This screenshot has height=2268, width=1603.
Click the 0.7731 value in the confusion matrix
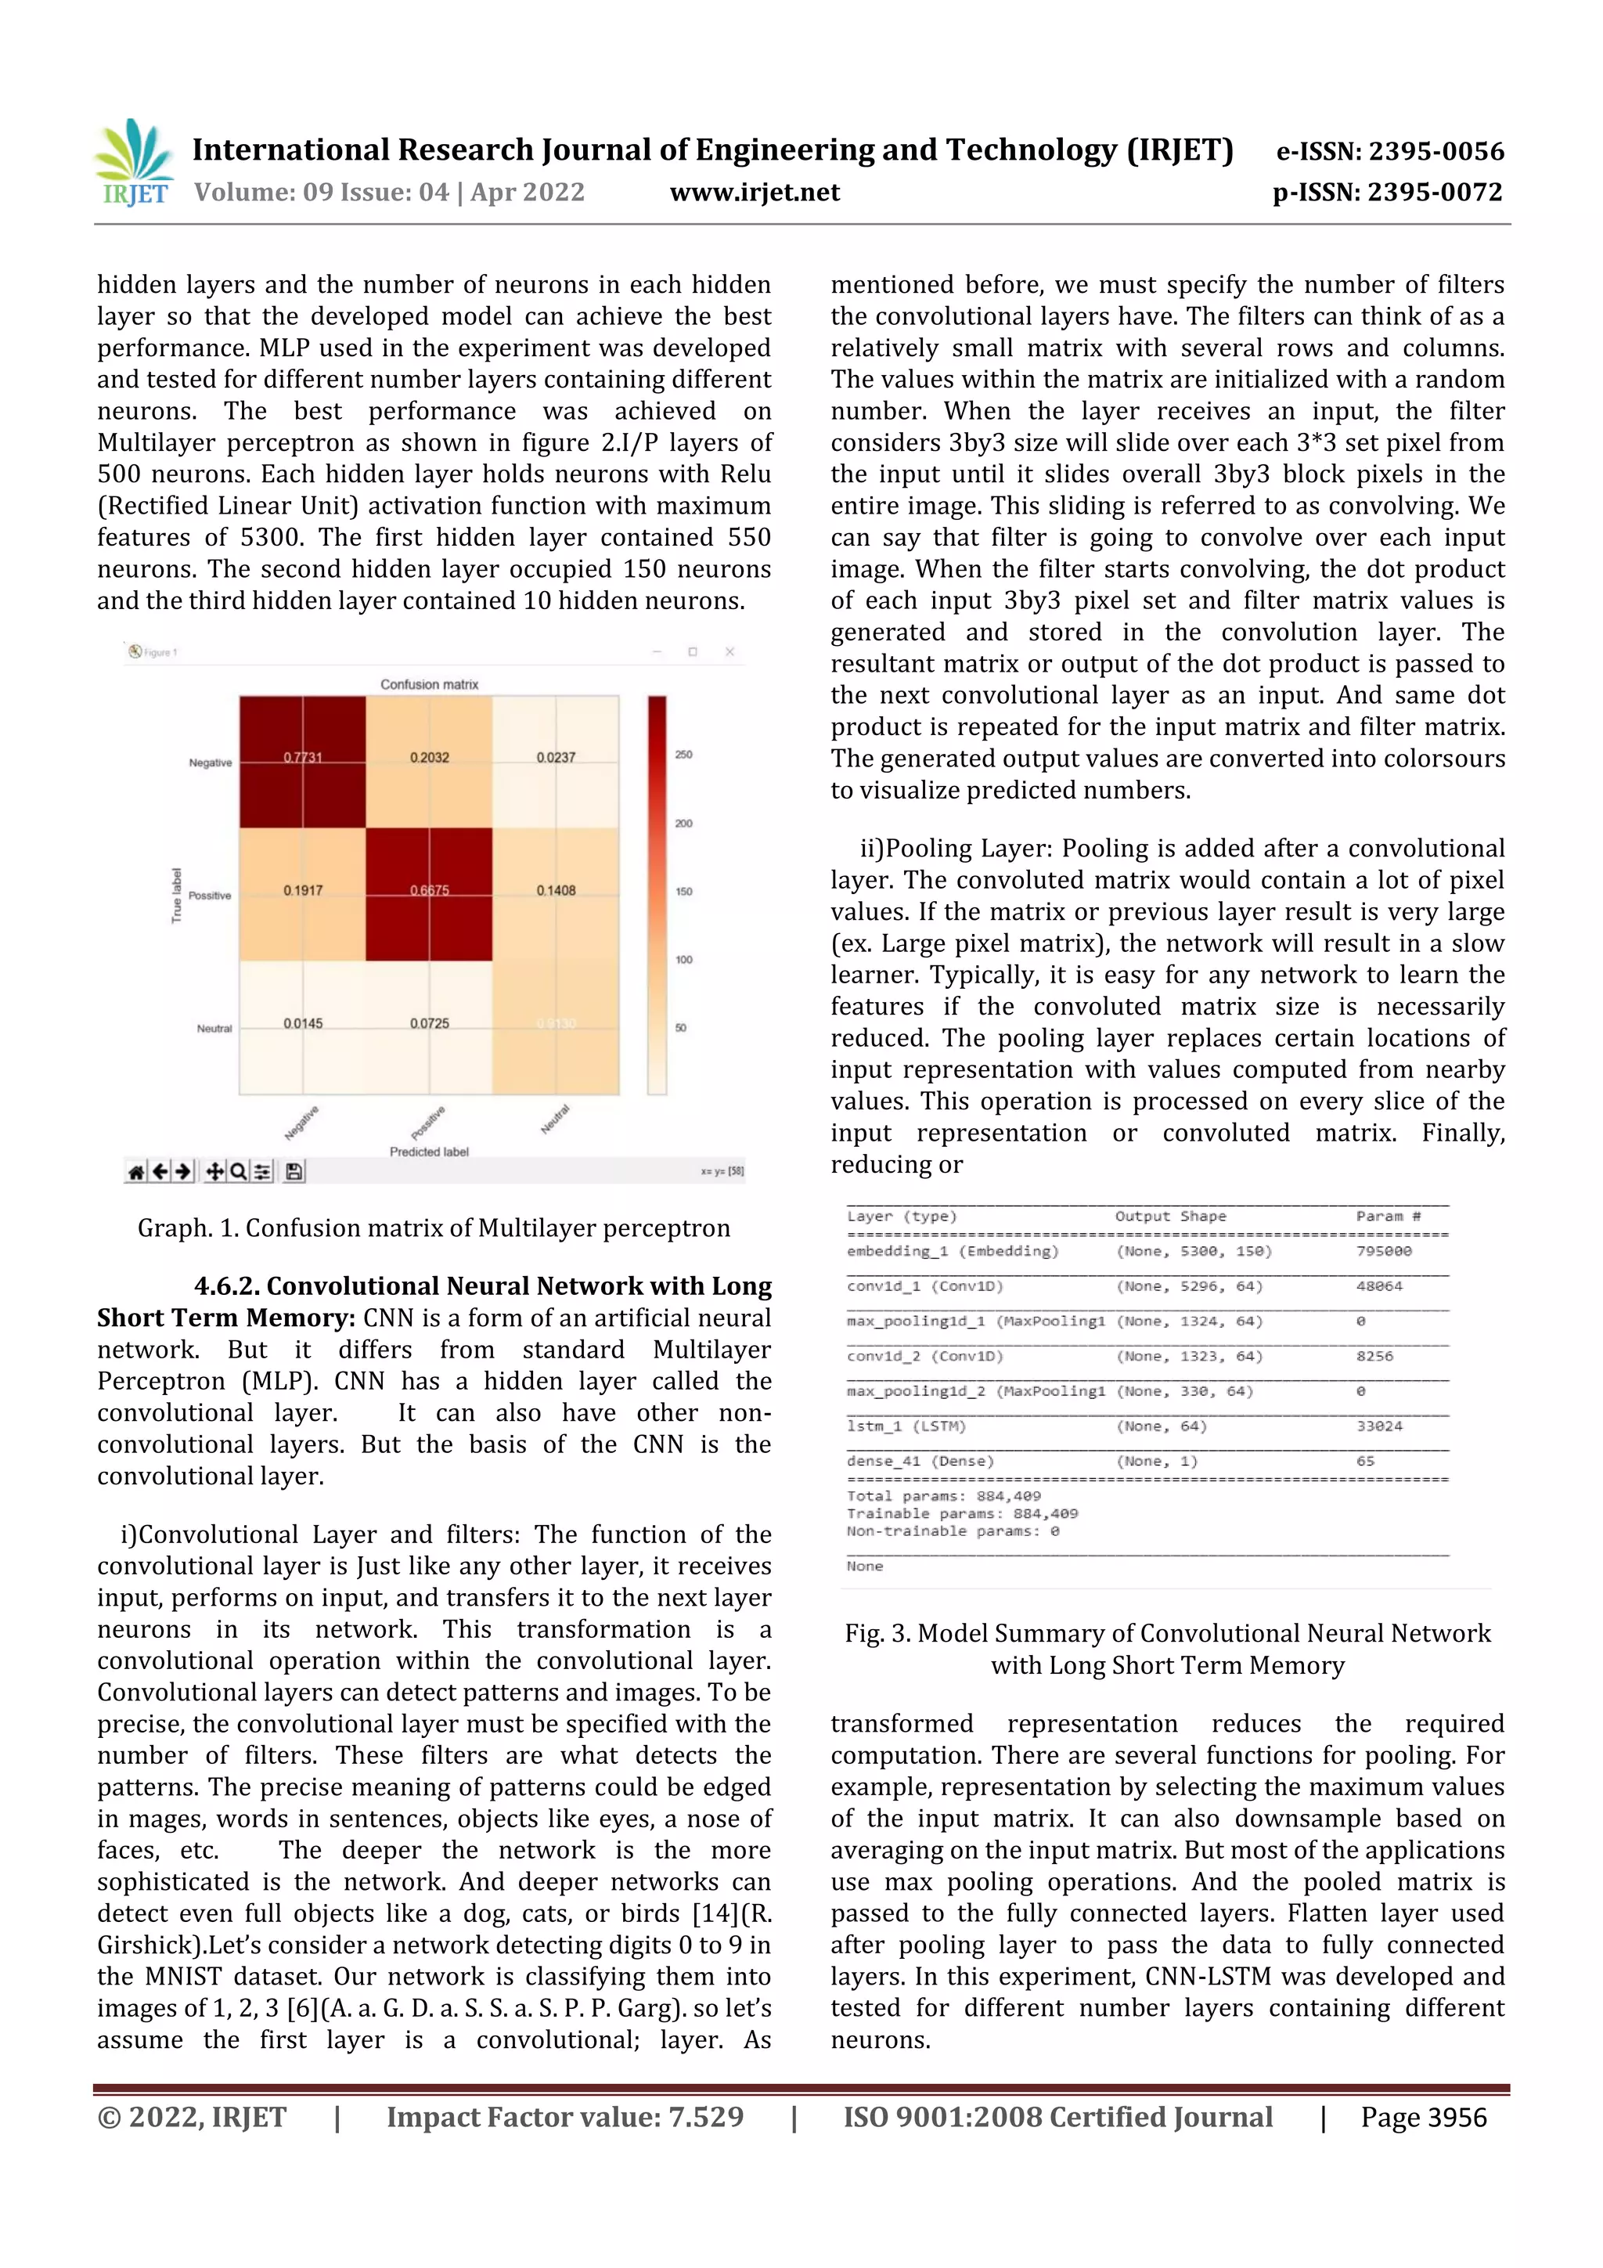click(302, 758)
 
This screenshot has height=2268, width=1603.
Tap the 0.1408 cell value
click(556, 890)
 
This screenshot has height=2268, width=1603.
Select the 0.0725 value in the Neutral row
click(430, 1023)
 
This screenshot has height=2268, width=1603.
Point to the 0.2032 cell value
click(430, 758)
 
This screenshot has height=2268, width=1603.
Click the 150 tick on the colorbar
click(683, 891)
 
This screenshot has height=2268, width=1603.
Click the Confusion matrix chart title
click(430, 684)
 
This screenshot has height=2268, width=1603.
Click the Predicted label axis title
click(429, 1152)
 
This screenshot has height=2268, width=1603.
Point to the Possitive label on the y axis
click(210, 896)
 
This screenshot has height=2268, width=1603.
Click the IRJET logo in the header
click(135, 163)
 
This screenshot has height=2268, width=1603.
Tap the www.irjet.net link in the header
click(755, 192)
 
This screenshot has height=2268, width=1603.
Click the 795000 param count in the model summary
click(1384, 1252)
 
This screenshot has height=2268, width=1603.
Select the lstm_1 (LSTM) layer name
click(906, 1426)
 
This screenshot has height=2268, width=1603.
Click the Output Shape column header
click(1170, 1217)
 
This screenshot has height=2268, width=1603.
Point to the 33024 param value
click(1379, 1426)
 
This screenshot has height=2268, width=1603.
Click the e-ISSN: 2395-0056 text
click(1389, 151)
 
